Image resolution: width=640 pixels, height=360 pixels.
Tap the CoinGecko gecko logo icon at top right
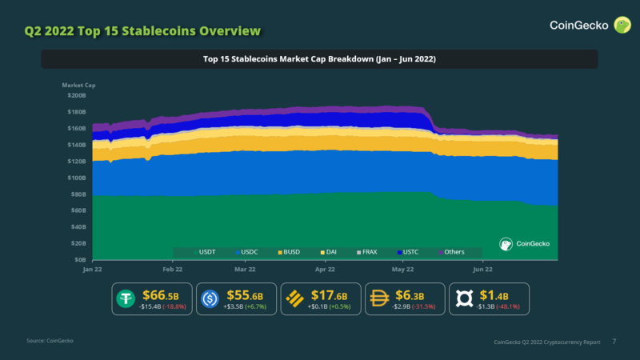click(621, 26)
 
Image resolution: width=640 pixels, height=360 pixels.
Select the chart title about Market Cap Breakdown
click(319, 59)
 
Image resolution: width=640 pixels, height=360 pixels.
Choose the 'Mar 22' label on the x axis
click(246, 270)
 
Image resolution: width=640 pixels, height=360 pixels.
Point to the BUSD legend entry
click(289, 252)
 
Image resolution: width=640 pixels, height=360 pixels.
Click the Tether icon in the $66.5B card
click(126, 298)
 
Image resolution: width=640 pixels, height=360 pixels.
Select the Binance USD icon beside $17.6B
click(295, 298)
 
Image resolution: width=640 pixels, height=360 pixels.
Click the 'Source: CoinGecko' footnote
click(49, 342)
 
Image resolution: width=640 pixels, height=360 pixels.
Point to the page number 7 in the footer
click(614, 342)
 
